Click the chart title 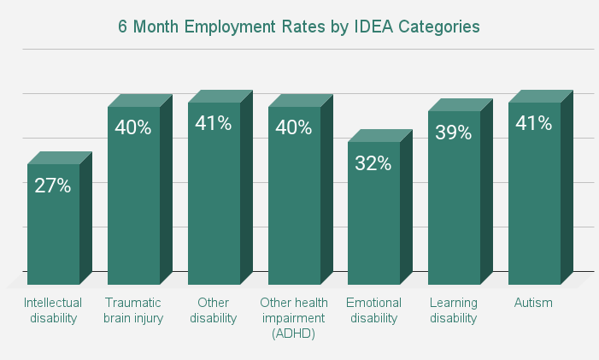(299, 27)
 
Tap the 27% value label (53, 185)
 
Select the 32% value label (373, 163)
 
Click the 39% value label (454, 133)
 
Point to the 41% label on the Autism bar (534, 123)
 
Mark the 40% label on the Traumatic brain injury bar (133, 128)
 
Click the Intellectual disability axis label (53, 310)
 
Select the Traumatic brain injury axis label (133, 310)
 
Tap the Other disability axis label (214, 310)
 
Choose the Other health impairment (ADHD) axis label (294, 318)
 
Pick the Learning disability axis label (454, 310)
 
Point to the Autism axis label (534, 303)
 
